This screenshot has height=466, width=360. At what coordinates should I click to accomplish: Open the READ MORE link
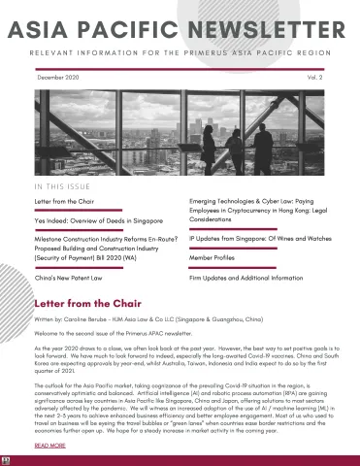[49, 445]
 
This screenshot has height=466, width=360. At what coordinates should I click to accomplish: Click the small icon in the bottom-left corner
[5, 459]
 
